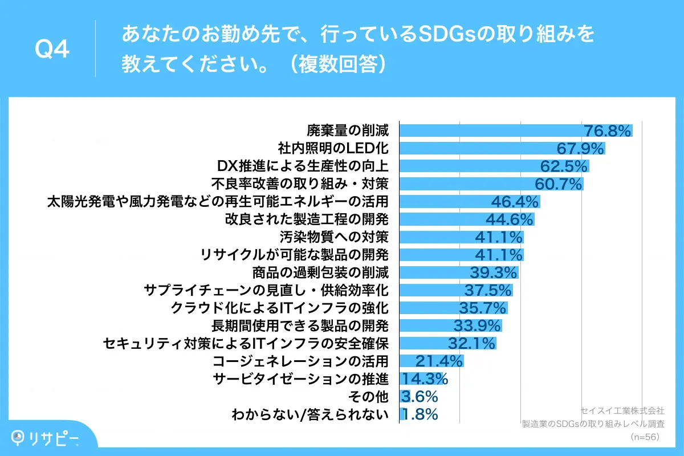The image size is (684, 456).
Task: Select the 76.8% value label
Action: coord(608,131)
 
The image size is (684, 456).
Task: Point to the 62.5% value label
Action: coord(564,166)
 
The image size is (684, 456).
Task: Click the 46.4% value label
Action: coord(515,202)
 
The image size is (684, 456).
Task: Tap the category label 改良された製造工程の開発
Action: coord(307,219)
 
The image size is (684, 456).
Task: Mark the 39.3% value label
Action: coord(494,272)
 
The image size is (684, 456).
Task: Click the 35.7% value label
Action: coord(483,308)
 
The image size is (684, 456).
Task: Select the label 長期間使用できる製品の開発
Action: coord(300,326)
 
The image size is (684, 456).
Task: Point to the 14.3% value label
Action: coord(425,379)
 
